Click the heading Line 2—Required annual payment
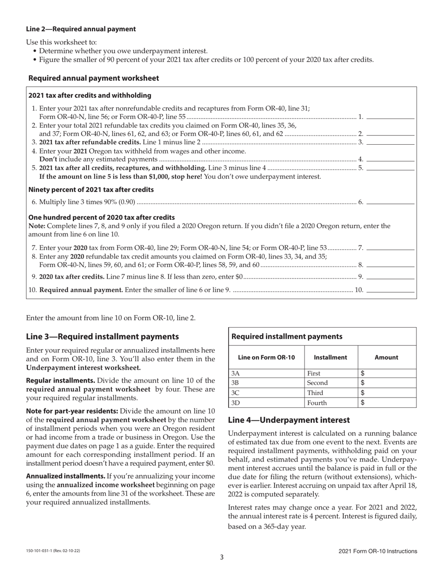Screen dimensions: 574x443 81,29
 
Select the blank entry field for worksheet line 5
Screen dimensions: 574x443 391,168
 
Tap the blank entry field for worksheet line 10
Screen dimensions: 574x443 391,290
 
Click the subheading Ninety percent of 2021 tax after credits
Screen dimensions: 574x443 91,189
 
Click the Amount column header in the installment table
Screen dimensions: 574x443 386,357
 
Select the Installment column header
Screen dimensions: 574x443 330,357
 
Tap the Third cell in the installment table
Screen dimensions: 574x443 315,393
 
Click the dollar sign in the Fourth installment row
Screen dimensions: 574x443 363,403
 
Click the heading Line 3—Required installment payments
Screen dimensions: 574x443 102,336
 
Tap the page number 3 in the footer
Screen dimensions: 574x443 221,557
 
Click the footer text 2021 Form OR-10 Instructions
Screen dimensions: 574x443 378,551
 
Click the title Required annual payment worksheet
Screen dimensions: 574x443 93,78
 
